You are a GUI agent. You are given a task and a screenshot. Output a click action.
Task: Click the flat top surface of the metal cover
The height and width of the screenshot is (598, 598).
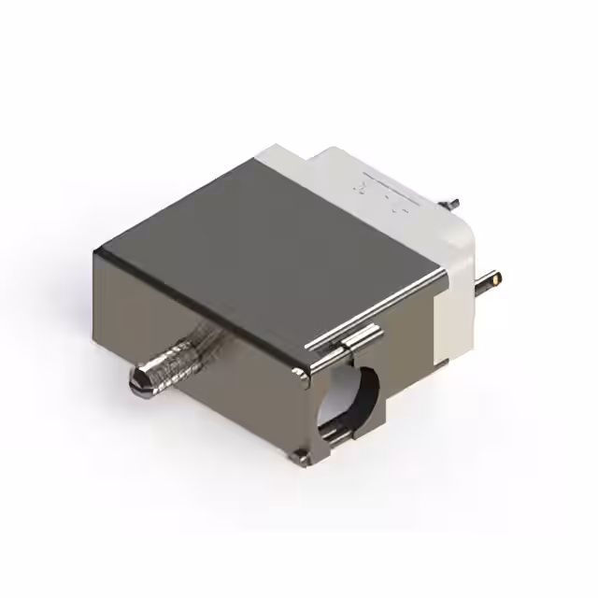271,243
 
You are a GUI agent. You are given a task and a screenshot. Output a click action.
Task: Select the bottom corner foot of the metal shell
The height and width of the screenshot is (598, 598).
301,457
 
